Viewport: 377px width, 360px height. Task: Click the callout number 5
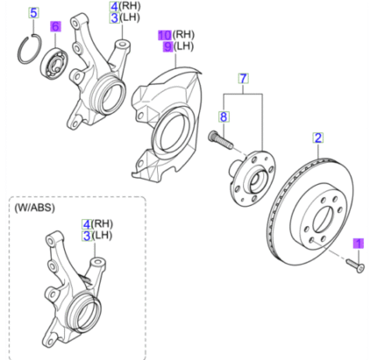33,13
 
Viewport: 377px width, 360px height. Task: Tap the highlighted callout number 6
55,28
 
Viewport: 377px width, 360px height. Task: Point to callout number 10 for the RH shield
164,34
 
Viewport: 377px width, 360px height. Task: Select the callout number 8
224,116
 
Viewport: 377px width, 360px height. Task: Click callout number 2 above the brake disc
318,138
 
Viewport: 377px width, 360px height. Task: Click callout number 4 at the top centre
114,8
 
